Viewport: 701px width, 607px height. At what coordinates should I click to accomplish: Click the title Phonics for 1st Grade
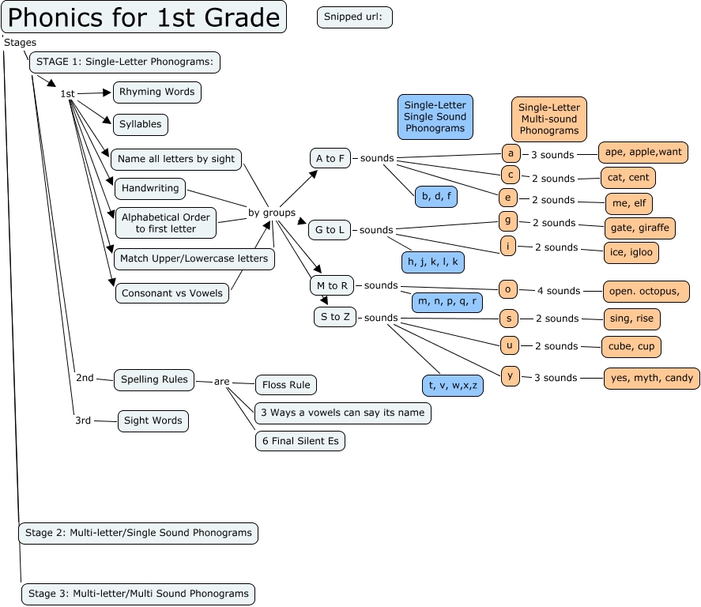point(143,17)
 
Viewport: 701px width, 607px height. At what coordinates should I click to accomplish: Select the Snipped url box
point(355,17)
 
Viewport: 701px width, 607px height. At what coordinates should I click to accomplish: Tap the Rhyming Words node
point(156,92)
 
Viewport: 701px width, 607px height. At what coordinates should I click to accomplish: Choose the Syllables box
point(140,124)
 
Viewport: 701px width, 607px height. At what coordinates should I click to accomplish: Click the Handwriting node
point(151,189)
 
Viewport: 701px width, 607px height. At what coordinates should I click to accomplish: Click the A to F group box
point(330,158)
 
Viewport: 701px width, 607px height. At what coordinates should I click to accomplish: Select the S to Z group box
point(335,317)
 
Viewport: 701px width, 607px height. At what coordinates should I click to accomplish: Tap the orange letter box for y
point(511,375)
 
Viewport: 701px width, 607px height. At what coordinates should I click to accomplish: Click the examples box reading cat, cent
point(628,178)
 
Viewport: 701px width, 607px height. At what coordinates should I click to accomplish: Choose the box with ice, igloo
point(631,253)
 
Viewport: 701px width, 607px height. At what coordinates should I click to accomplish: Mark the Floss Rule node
point(285,385)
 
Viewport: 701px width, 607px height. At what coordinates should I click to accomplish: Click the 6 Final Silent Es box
point(300,441)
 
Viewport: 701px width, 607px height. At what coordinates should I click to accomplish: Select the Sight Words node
point(153,420)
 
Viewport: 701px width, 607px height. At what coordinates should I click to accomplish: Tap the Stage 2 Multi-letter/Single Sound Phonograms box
point(138,533)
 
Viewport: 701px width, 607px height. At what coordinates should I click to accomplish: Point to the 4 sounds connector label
point(558,291)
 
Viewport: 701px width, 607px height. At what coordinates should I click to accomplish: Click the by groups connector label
point(272,213)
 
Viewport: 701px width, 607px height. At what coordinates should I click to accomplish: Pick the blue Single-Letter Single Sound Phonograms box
point(435,116)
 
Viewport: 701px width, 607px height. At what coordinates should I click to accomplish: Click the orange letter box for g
point(510,221)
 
